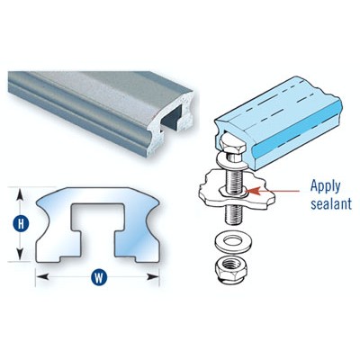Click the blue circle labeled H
coord(21,223)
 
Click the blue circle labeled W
coord(99,277)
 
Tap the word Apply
coord(326,187)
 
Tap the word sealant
coord(331,203)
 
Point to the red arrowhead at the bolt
coord(251,191)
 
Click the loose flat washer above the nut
coord(234,242)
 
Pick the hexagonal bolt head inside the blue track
coord(232,145)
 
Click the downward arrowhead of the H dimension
coord(20,254)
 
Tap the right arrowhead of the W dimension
coord(153,276)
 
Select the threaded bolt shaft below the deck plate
coord(234,213)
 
